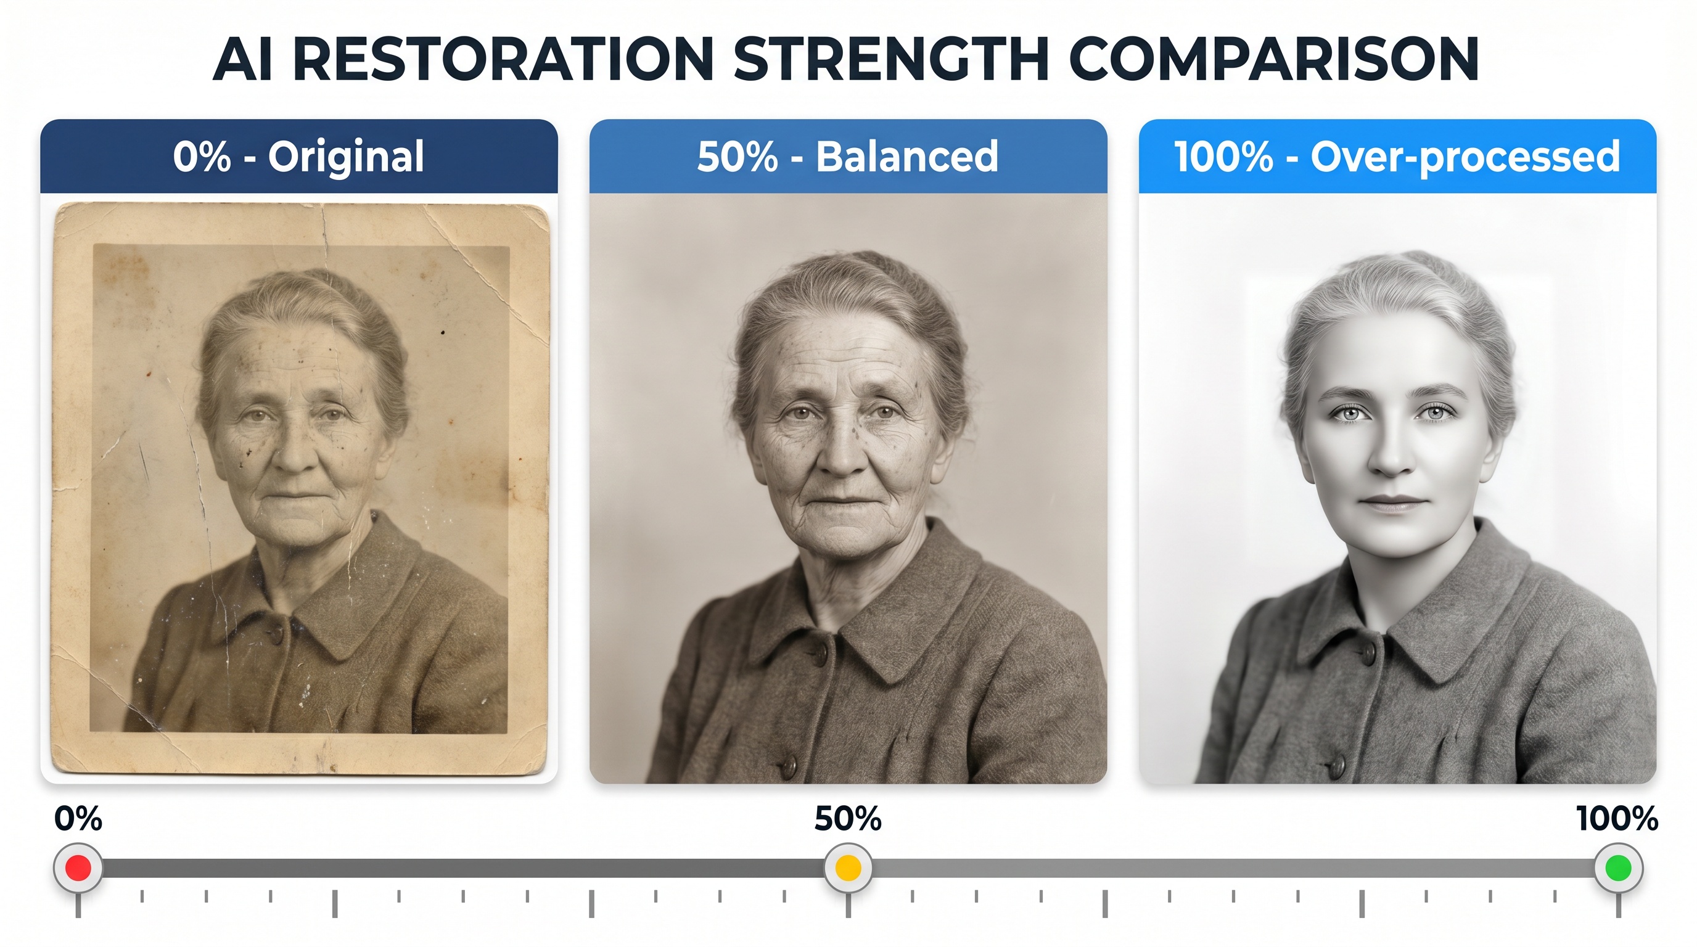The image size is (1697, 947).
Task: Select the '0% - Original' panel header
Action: (x=299, y=156)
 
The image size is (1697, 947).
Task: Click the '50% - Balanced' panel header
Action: (x=848, y=156)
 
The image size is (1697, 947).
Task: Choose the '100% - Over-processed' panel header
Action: (x=1397, y=156)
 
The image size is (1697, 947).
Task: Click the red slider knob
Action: (x=78, y=868)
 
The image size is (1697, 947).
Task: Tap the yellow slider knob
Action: (x=848, y=868)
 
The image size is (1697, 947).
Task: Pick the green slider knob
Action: (x=1619, y=868)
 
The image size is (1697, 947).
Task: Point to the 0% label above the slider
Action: (x=78, y=819)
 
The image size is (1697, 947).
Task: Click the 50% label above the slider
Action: (x=848, y=819)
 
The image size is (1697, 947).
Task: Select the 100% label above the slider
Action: (x=1617, y=819)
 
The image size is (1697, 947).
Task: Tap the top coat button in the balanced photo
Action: (x=820, y=653)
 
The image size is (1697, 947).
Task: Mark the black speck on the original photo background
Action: (x=443, y=332)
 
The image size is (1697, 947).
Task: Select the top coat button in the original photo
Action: (x=276, y=634)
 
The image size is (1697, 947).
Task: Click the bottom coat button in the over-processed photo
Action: (x=1338, y=765)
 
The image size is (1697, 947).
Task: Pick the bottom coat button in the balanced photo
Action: (x=788, y=766)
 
